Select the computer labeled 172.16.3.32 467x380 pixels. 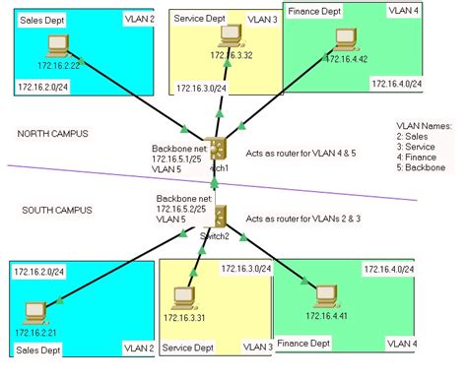coord(231,36)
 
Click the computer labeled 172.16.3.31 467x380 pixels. coord(181,296)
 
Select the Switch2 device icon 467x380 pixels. coord(222,215)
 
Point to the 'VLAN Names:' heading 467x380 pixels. coord(423,126)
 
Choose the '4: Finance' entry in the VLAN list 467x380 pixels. coord(418,158)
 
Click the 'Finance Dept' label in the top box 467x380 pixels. coord(314,12)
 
